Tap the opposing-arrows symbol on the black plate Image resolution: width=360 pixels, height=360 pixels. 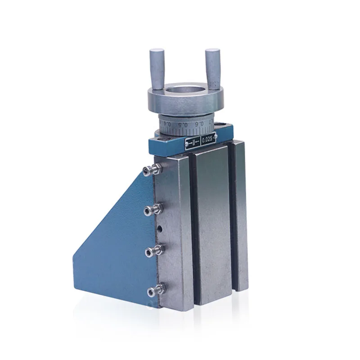tap(194, 142)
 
